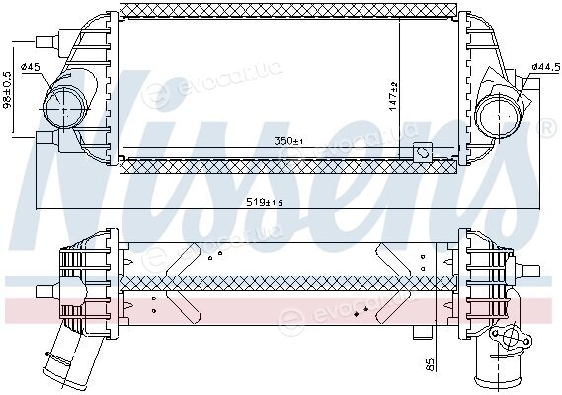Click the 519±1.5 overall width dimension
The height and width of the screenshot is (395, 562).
click(x=266, y=202)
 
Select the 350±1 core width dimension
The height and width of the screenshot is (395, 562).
click(x=288, y=141)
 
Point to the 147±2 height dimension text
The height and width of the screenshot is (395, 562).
click(x=393, y=96)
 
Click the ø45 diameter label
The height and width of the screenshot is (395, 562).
click(x=31, y=67)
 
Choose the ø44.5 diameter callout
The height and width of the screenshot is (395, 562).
click(x=546, y=67)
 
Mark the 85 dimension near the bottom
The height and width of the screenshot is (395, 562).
click(x=430, y=364)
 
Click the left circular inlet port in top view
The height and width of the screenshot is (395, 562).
click(x=64, y=108)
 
